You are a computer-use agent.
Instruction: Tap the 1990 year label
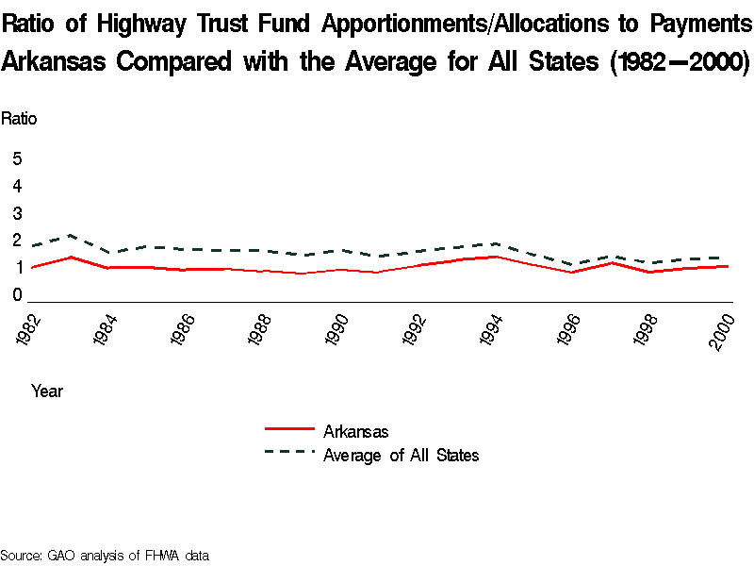point(336,331)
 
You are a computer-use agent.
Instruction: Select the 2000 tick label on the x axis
point(723,331)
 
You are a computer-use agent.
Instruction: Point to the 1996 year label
point(568,331)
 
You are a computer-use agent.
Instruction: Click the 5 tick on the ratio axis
point(17,158)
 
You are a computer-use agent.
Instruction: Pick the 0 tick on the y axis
point(17,295)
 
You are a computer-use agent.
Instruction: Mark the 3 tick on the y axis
point(17,213)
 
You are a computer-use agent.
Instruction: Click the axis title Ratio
point(19,119)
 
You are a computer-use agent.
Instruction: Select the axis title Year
point(47,391)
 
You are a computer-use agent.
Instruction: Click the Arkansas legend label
point(355,432)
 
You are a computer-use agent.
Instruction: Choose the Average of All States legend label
point(401,456)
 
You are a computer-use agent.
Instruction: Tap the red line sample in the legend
point(289,429)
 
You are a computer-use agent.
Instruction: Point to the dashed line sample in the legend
point(289,453)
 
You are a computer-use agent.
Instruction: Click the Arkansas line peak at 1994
point(496,256)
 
